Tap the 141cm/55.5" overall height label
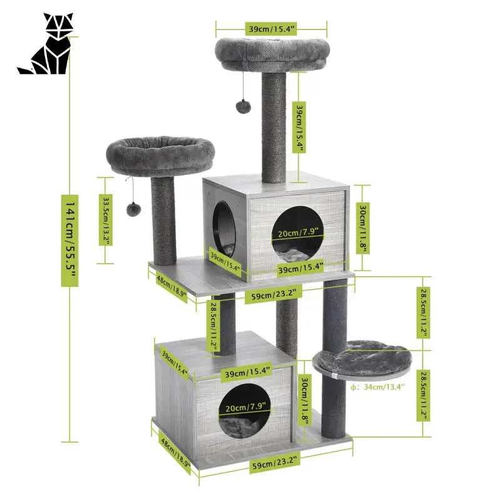tap(70, 240)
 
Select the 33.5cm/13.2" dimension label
tap(106, 220)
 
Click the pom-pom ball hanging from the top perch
tap(243, 106)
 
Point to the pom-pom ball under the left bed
tap(133, 209)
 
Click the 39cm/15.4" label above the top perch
tap(271, 29)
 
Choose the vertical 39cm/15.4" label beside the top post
tap(299, 128)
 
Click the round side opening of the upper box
tap(224, 229)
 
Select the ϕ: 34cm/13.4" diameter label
tap(378, 388)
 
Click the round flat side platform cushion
tap(362, 359)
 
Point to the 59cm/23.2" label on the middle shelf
tap(272, 295)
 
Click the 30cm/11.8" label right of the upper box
tap(363, 228)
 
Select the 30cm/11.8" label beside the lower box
tap(305, 400)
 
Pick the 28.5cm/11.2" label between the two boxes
tap(213, 325)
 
